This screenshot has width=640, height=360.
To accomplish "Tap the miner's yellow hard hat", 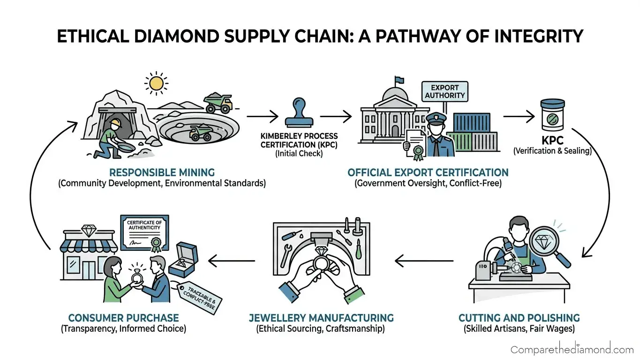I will [x=115, y=123].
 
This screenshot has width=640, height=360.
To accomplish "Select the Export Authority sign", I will [x=444, y=91].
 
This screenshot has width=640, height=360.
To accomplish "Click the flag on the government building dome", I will [x=399, y=81].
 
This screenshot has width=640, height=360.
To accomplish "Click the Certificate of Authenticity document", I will [x=145, y=233].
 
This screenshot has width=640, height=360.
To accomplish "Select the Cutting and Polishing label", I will [x=519, y=317].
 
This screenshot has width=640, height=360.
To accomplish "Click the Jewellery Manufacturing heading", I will [x=321, y=317].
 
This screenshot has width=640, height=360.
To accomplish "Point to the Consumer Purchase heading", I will [x=124, y=317].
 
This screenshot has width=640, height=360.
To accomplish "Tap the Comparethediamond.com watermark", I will [x=572, y=349].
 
